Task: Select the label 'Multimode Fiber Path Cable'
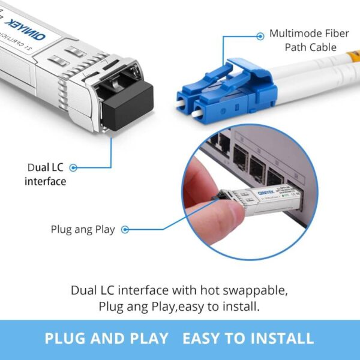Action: click(308, 40)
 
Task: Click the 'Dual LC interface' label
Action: click(46, 174)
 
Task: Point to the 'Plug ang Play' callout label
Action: click(83, 229)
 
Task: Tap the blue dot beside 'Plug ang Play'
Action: click(127, 229)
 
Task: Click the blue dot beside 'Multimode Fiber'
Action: click(260, 36)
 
